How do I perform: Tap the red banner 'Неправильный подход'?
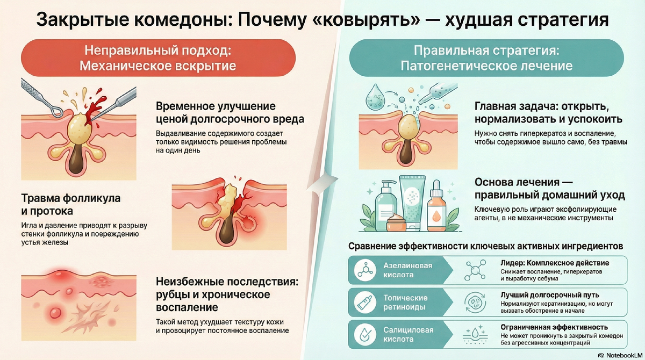click(x=158, y=59)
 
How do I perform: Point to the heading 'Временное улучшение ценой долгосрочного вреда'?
click(x=223, y=112)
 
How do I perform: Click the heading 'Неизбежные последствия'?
click(x=226, y=294)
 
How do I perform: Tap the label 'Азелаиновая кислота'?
click(x=406, y=270)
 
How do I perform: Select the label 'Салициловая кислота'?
click(x=406, y=335)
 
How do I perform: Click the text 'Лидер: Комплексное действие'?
click(x=555, y=263)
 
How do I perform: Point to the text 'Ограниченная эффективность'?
click(x=554, y=327)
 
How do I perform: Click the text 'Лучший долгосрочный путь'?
click(x=549, y=295)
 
